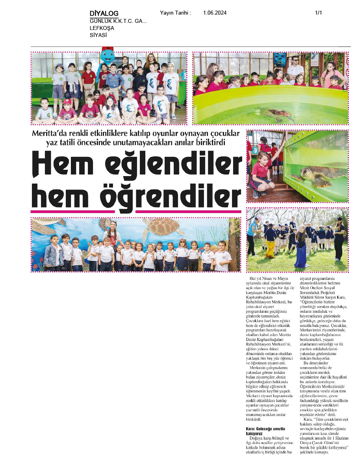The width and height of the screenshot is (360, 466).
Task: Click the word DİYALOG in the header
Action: click(104, 13)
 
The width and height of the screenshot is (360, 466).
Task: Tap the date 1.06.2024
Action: click(215, 13)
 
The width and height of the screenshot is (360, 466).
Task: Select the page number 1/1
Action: click(318, 13)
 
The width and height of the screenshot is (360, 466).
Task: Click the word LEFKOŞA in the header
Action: click(102, 28)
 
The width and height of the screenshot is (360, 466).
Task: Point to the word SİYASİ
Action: click(98, 35)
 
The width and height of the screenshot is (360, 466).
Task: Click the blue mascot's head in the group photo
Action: click(107, 56)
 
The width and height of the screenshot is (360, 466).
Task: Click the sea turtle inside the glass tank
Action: click(317, 174)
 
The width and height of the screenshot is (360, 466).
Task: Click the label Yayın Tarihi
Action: click(175, 13)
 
